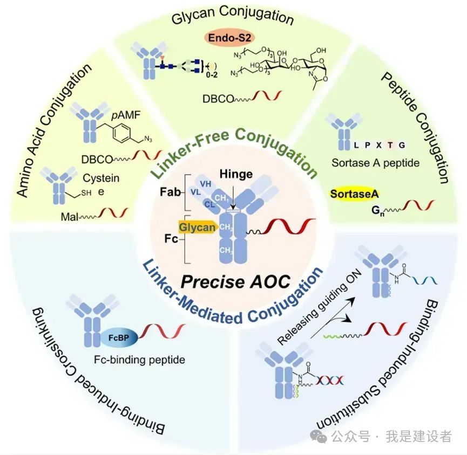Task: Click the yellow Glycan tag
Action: pyautogui.click(x=197, y=227)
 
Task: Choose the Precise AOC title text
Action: pyautogui.click(x=235, y=280)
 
